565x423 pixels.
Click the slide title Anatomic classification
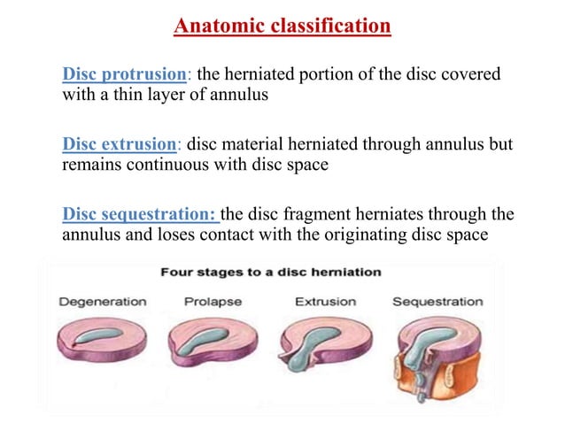(282, 26)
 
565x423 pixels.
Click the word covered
(472, 73)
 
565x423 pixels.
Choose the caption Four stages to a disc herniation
(270, 272)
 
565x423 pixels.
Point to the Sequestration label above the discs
(437, 302)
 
